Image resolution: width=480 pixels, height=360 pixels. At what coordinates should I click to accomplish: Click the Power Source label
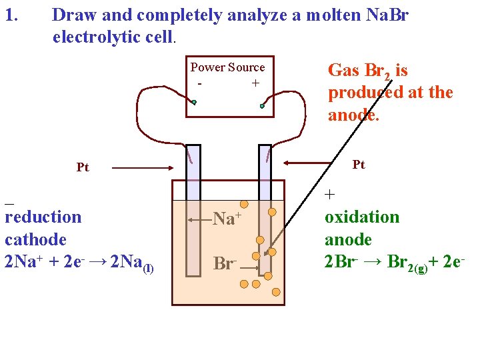click(x=227, y=67)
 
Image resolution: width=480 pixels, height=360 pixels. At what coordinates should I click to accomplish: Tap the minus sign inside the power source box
click(x=199, y=84)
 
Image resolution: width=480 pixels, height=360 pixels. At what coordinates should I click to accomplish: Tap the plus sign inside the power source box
click(x=255, y=83)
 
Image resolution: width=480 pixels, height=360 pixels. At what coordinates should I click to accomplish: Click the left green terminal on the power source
click(x=194, y=103)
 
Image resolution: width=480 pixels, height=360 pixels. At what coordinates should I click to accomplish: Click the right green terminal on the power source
click(x=263, y=105)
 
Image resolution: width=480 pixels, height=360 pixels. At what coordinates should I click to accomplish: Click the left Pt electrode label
click(x=82, y=167)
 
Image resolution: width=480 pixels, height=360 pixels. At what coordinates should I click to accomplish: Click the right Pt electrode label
click(x=359, y=165)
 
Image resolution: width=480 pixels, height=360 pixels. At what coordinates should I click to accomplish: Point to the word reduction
click(x=43, y=217)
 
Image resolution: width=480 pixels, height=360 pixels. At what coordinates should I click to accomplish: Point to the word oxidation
click(x=362, y=217)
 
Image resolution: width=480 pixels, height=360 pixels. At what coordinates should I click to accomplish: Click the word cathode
click(x=35, y=239)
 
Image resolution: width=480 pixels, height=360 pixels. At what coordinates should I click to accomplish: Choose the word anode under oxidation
click(x=348, y=239)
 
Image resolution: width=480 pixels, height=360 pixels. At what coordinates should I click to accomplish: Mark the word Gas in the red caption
click(x=344, y=70)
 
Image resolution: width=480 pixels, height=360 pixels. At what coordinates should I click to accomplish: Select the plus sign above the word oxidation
click(x=330, y=195)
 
